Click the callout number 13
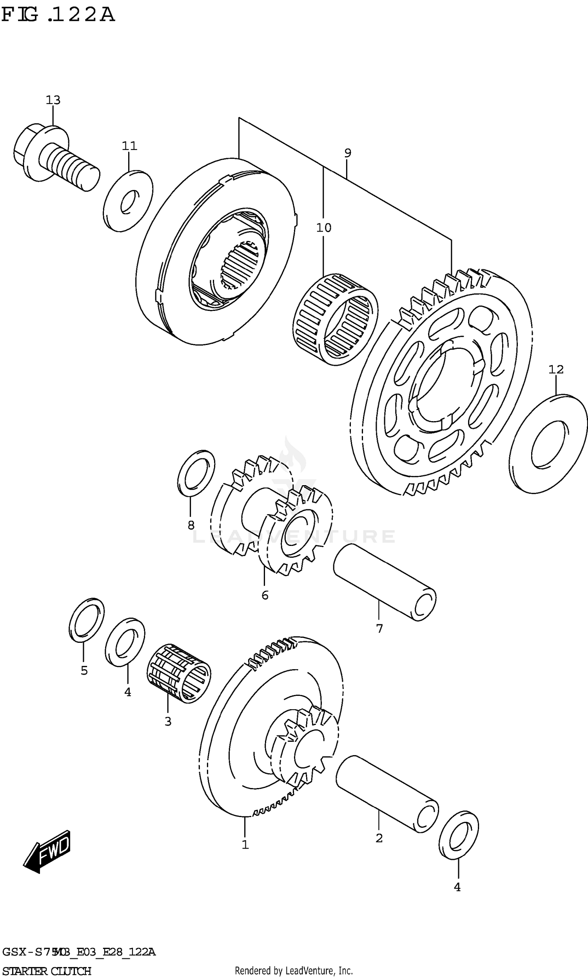(53, 100)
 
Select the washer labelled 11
(128, 201)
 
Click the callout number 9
(347, 153)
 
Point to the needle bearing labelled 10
(335, 319)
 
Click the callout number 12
(555, 369)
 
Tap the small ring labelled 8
(196, 473)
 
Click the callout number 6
(265, 595)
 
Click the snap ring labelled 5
(86, 620)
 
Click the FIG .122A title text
(58, 15)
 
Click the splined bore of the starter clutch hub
(239, 264)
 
